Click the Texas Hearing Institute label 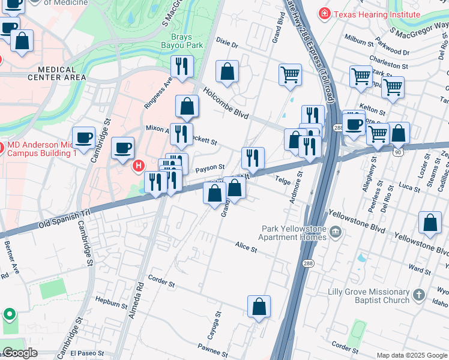377,13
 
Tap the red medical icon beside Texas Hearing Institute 325,13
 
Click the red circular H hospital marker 139,165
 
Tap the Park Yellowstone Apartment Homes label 294,233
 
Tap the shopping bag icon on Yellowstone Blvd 430,223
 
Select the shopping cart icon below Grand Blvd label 290,74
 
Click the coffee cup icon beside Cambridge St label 83,137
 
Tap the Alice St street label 246,247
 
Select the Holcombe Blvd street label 225,100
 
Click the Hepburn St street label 108,304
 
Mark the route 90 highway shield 397,152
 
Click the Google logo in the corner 20,353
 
